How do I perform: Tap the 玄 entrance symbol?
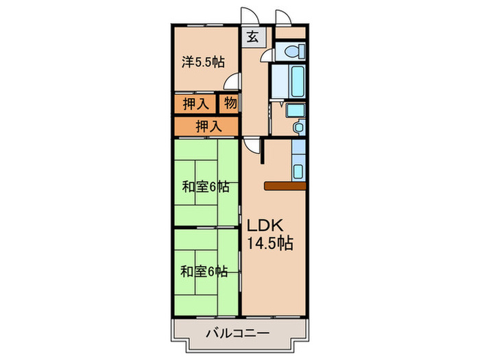[x=252, y=38]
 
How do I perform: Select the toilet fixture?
[x=292, y=49]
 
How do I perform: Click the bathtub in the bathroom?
[x=296, y=82]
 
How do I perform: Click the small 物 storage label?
[x=229, y=104]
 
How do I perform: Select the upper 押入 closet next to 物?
[x=195, y=104]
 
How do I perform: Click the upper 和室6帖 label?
[x=206, y=187]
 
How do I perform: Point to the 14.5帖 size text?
[x=270, y=243]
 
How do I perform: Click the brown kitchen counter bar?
[x=284, y=185]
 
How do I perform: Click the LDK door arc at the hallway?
[x=251, y=146]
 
